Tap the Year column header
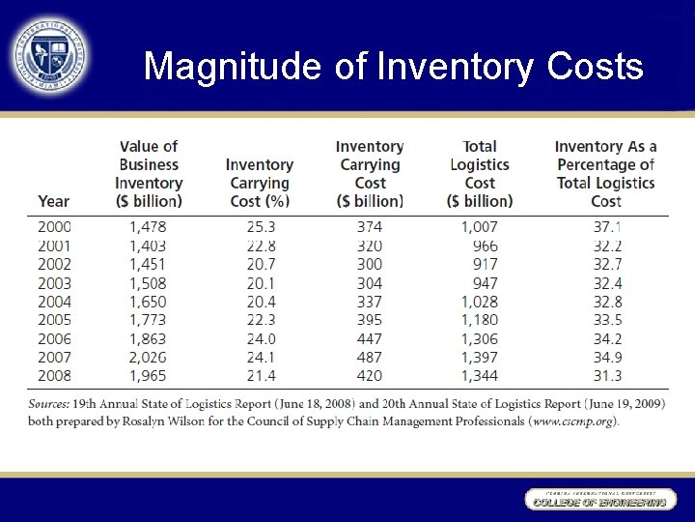[x=54, y=201]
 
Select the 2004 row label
[x=54, y=302]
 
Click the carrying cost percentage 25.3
[x=261, y=227]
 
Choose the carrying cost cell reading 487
[x=369, y=357]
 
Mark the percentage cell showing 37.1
[x=605, y=227]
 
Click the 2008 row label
[x=54, y=375]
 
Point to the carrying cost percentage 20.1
[x=261, y=283]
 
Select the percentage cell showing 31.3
[x=605, y=375]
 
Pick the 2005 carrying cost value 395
[x=369, y=320]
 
